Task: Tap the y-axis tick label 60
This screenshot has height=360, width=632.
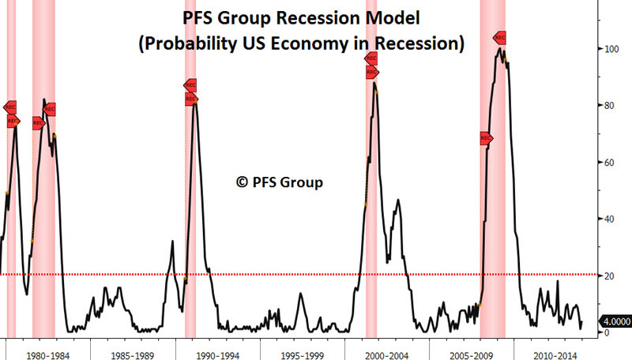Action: (605, 163)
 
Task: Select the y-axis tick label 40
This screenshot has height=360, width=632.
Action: (605, 219)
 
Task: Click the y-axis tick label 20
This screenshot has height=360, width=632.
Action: (605, 276)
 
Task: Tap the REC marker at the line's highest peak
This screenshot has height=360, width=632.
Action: (499, 38)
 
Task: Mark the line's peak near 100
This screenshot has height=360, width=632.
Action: (500, 49)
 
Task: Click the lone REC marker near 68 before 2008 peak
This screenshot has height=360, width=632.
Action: (485, 138)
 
